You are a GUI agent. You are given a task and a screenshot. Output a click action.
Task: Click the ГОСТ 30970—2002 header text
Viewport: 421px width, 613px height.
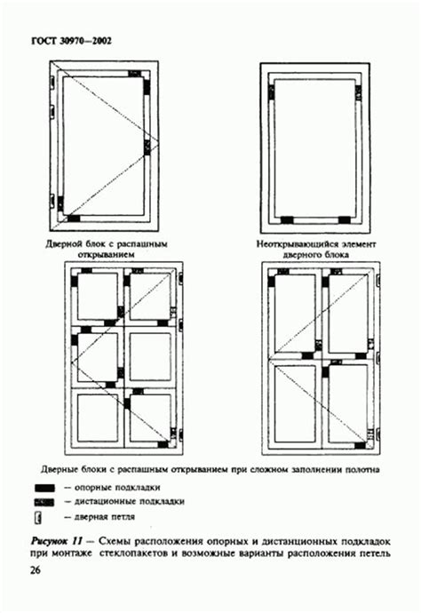point(71,41)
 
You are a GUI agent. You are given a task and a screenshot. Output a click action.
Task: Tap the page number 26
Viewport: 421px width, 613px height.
point(36,570)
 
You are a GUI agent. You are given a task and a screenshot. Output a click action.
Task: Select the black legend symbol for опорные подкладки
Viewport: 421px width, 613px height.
point(44,488)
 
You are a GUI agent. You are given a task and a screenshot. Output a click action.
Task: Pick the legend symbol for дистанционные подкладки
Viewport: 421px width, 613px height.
point(44,502)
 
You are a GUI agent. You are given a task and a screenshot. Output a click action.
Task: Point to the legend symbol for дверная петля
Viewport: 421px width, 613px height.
point(38,518)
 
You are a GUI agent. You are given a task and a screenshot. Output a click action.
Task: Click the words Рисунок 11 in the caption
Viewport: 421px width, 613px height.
point(56,541)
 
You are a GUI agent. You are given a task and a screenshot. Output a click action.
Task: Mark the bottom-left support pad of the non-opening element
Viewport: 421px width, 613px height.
point(287,220)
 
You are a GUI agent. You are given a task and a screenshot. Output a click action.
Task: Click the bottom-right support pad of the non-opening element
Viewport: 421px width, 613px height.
point(345,220)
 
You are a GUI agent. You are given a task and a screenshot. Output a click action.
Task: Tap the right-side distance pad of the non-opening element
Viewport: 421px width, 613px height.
point(358,93)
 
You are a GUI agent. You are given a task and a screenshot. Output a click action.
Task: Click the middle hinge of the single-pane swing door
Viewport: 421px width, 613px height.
point(52,111)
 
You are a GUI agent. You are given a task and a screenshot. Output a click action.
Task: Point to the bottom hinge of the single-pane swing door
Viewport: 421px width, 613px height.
point(52,199)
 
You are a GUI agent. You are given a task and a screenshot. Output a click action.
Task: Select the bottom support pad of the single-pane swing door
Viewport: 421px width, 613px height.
point(74,219)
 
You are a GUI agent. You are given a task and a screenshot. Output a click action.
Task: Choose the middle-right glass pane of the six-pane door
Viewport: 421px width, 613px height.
point(150,356)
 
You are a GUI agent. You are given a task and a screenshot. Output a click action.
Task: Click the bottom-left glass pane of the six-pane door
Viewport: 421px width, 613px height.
point(98,418)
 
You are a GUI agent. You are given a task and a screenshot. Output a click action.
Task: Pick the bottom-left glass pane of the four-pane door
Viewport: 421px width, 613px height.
point(295,404)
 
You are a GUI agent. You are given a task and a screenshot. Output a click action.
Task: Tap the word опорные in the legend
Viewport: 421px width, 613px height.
point(92,488)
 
